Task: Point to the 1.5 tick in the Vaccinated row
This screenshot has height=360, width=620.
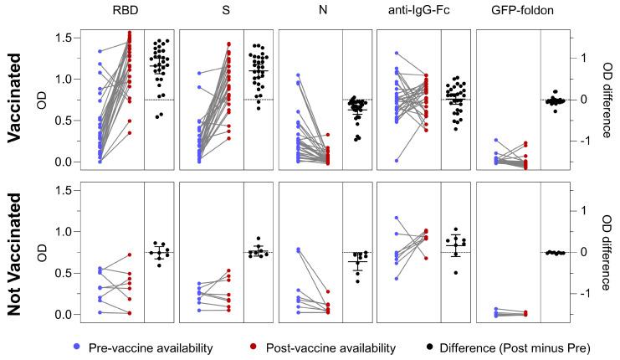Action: [62, 38]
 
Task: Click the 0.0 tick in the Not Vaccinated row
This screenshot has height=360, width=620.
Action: [62, 314]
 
